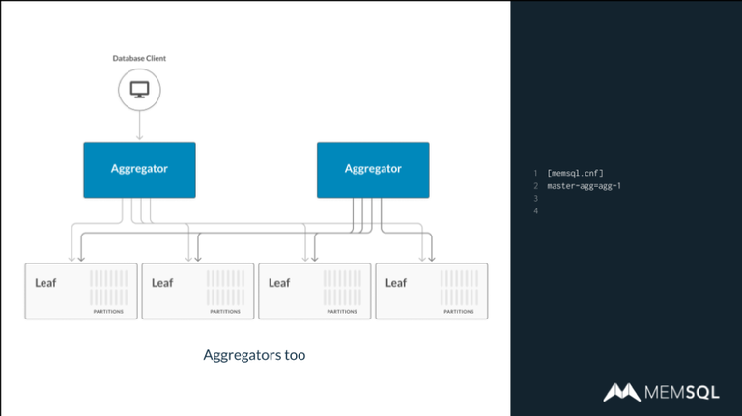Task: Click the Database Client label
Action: point(139,59)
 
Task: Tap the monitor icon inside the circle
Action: point(139,90)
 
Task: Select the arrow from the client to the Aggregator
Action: point(139,125)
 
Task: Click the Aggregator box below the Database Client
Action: point(139,170)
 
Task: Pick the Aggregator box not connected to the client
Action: point(373,170)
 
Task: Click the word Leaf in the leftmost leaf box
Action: point(45,283)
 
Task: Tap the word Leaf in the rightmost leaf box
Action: point(396,283)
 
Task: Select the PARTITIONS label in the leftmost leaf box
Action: point(108,312)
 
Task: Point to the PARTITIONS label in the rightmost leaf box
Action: point(459,312)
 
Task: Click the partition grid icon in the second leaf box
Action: point(225,288)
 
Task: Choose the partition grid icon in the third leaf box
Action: point(342,288)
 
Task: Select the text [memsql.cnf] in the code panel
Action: point(575,173)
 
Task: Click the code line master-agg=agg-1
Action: point(584,185)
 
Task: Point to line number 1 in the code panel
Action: point(534,173)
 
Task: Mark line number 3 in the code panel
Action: point(534,198)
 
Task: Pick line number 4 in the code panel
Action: point(534,210)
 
